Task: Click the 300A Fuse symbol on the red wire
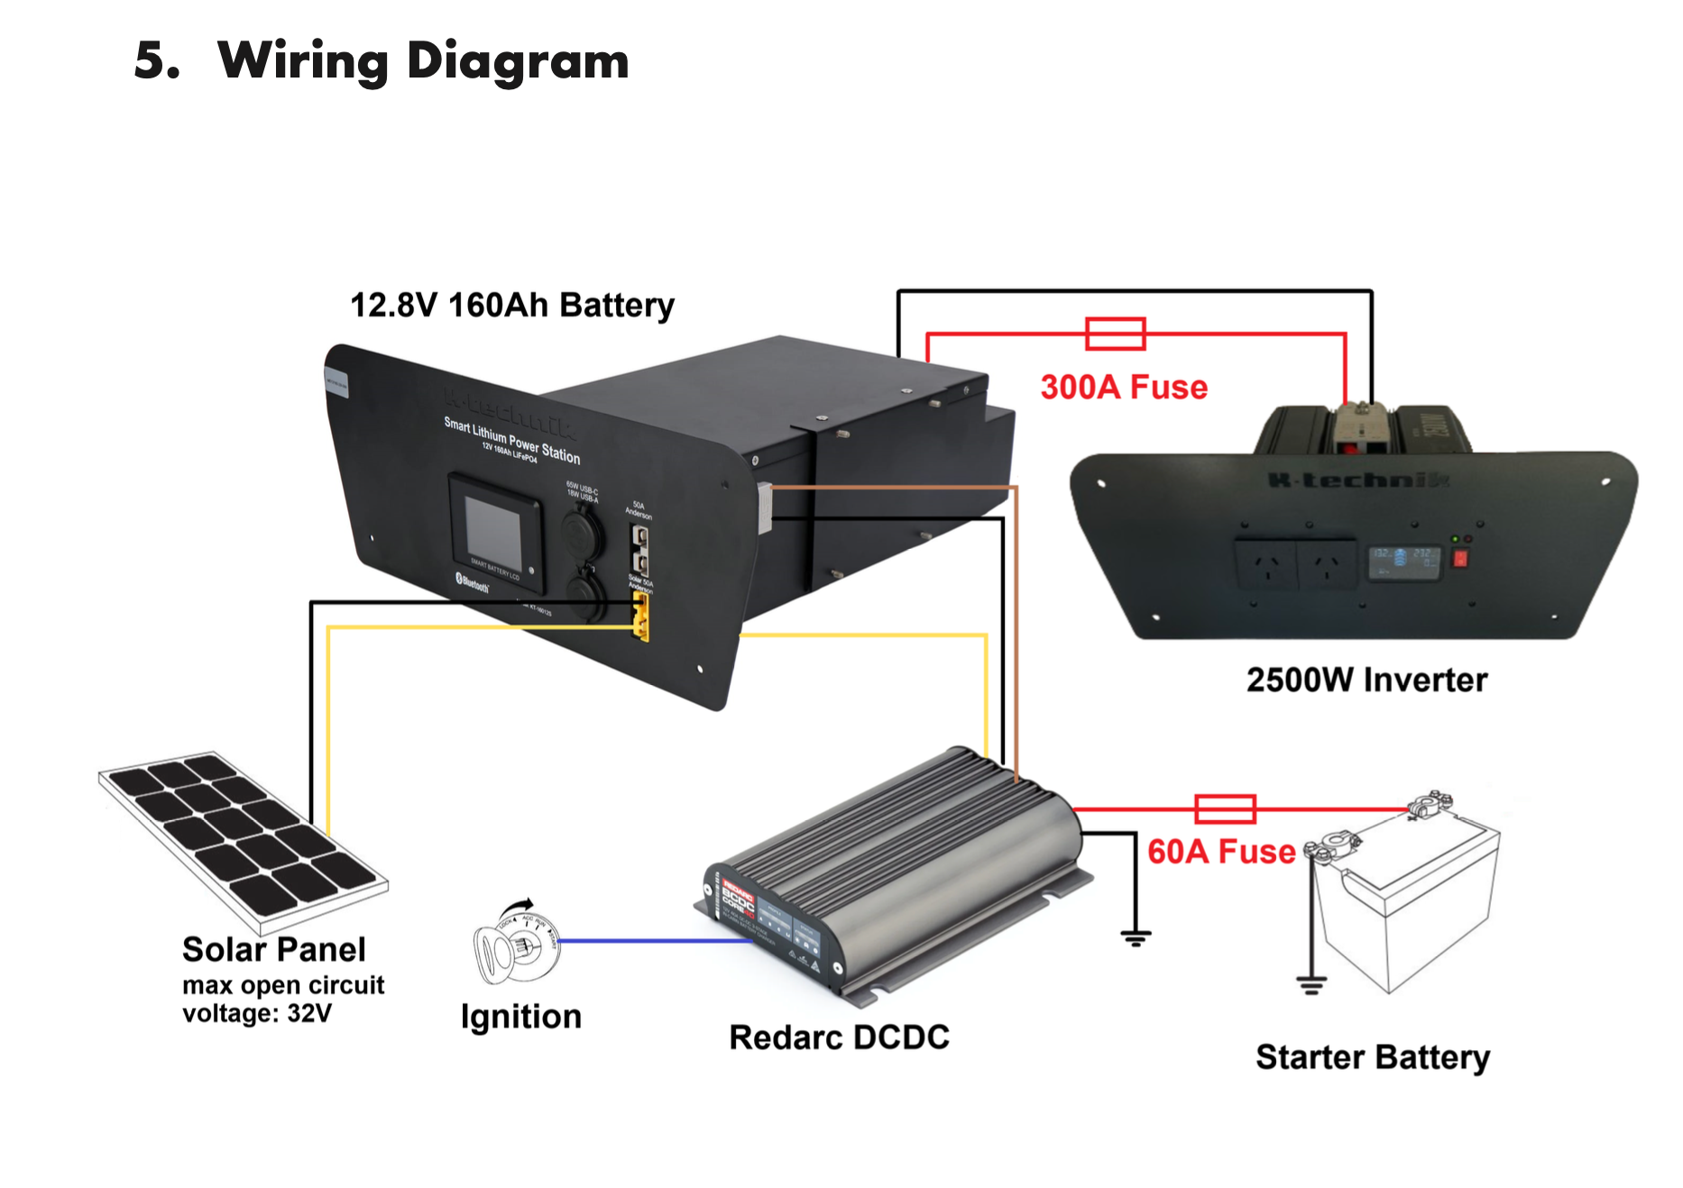tap(1116, 334)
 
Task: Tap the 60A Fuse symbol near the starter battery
tap(1225, 809)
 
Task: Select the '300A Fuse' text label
tap(1124, 387)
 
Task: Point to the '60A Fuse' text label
tap(1221, 851)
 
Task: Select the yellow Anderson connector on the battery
tap(640, 617)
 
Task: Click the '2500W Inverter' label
tap(1366, 680)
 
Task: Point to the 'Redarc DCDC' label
tap(839, 1037)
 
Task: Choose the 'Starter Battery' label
tap(1372, 1056)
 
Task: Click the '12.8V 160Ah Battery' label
tap(511, 305)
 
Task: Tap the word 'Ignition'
tap(520, 1017)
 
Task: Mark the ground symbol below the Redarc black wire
tap(1136, 937)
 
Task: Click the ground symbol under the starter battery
tap(1311, 984)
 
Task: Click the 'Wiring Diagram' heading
tap(423, 60)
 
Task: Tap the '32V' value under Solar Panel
tap(309, 1014)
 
